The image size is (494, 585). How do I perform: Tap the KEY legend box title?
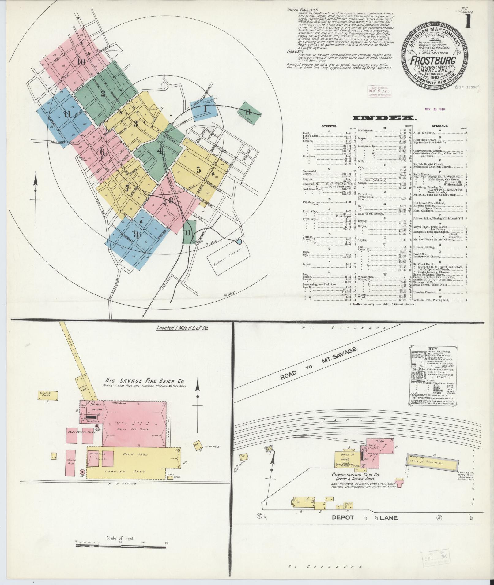433,349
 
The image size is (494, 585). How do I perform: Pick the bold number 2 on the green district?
103,93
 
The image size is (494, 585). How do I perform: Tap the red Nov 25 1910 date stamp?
435,109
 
